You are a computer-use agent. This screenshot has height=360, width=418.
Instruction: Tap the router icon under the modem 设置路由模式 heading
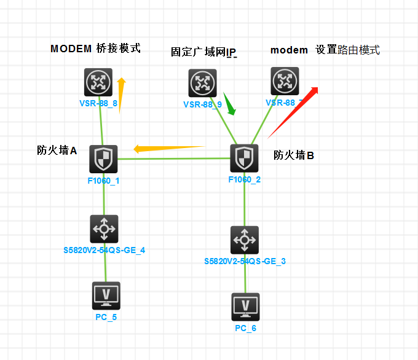[x=285, y=80]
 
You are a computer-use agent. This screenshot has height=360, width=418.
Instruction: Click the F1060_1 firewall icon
[x=103, y=159]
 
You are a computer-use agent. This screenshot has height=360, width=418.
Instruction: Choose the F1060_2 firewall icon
[x=245, y=158]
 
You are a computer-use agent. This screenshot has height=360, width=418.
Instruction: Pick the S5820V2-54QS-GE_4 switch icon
[x=104, y=229]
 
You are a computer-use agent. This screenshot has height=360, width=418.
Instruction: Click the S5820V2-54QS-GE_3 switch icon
[x=245, y=240]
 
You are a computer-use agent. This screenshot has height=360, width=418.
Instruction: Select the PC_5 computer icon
[x=106, y=295]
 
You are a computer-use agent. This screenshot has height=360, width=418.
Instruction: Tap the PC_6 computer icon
[x=246, y=307]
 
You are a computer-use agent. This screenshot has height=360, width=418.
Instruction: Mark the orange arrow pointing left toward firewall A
[x=168, y=148]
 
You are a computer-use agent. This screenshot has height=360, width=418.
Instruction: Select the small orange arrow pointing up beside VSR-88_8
[x=121, y=95]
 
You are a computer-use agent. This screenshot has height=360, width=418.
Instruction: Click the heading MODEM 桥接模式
[x=95, y=48]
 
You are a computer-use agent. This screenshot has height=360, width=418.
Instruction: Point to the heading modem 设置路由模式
[x=325, y=50]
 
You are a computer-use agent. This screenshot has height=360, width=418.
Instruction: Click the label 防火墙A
[x=57, y=150]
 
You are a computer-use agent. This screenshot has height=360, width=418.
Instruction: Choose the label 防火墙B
[x=294, y=155]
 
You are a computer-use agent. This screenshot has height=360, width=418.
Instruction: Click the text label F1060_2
[x=245, y=179]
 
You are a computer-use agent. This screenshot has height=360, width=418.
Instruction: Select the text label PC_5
[x=106, y=317]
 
